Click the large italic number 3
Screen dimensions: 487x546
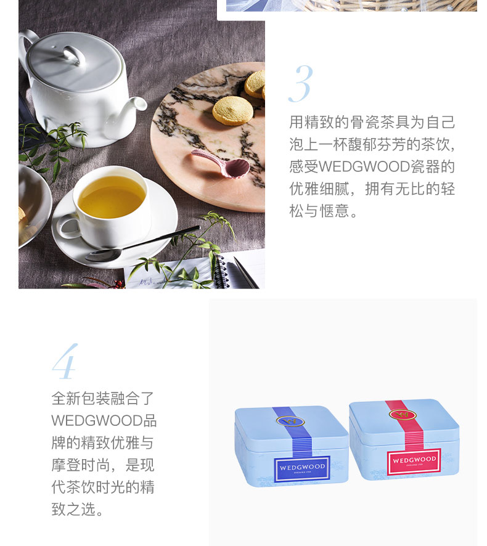(301, 84)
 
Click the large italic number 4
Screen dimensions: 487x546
(65, 362)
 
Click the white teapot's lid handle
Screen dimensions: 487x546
(74, 55)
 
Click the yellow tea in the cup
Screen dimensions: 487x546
(112, 197)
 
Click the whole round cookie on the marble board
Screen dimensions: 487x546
(232, 110)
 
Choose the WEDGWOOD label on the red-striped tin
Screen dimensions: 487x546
(414, 462)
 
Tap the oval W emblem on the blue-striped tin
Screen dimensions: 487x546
(290, 422)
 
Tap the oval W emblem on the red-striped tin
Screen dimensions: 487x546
(403, 414)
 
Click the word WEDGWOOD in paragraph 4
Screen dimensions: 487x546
(97, 421)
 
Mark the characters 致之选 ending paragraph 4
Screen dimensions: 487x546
(73, 509)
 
